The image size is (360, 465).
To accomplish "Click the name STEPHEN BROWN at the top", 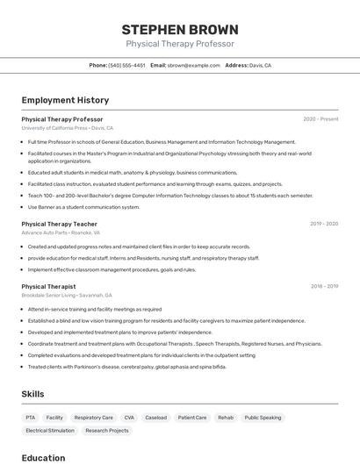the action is coord(180,29).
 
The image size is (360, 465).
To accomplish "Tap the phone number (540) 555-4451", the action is coord(126,65).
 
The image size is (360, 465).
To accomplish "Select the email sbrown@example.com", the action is coord(193,65).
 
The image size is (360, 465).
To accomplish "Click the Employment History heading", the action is coord(65,100).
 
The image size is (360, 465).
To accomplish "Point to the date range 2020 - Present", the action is coord(320,119).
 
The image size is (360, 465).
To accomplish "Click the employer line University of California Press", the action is coord(68,128).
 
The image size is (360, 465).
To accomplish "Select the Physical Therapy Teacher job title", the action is coord(59,224).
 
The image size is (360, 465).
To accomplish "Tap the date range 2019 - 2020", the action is coord(324,224).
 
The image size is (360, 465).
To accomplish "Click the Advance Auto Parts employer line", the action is coord(61,232).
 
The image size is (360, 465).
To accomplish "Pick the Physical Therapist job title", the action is coord(48,286).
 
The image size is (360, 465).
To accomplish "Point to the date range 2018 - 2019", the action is coord(324,286).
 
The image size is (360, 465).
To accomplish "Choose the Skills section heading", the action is coord(32,394).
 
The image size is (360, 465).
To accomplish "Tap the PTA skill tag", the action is coord(31,418).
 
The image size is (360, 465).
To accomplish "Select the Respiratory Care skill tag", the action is coord(93,418).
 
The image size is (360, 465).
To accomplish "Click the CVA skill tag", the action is coord(129,418).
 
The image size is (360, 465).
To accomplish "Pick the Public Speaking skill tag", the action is coord(263,418).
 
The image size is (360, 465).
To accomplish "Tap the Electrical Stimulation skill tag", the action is coord(50,431).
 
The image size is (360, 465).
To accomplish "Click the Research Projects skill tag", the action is coord(107,431).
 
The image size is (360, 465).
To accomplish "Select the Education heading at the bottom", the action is coord(43,457).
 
